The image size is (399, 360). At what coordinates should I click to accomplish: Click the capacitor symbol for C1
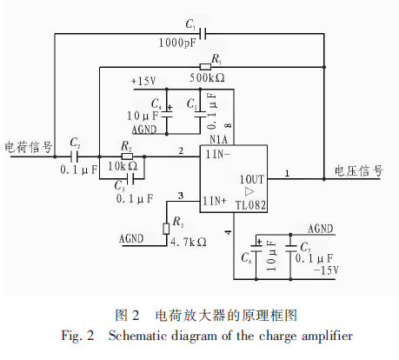(x=203, y=34)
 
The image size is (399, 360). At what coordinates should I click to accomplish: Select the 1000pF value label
(x=177, y=43)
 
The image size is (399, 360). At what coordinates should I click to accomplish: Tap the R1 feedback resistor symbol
(x=205, y=67)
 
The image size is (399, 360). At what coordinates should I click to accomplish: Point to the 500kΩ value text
(x=207, y=77)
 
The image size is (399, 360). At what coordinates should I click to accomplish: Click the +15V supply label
(x=143, y=81)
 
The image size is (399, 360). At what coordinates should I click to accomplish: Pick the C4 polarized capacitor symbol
(x=167, y=115)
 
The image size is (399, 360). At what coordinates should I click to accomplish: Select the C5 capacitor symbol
(x=200, y=115)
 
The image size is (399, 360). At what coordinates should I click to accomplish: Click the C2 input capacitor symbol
(x=75, y=157)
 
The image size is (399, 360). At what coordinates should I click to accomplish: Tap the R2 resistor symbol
(x=127, y=157)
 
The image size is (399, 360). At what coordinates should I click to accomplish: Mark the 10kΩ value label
(x=123, y=166)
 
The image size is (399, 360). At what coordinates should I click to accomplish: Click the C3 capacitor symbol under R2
(x=130, y=179)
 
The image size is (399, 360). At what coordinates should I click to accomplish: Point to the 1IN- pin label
(x=217, y=154)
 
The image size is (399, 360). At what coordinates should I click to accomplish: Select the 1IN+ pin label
(x=214, y=201)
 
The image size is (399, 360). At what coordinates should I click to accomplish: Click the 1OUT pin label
(x=252, y=179)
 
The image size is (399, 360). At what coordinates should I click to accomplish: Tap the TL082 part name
(x=250, y=205)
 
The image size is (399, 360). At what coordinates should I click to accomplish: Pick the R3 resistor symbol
(x=166, y=229)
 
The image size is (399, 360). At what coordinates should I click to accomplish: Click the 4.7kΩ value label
(x=189, y=242)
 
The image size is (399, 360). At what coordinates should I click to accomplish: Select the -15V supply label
(x=326, y=270)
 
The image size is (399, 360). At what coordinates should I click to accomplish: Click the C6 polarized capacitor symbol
(x=256, y=249)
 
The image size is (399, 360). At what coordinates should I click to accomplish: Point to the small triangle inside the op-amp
(x=249, y=191)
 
